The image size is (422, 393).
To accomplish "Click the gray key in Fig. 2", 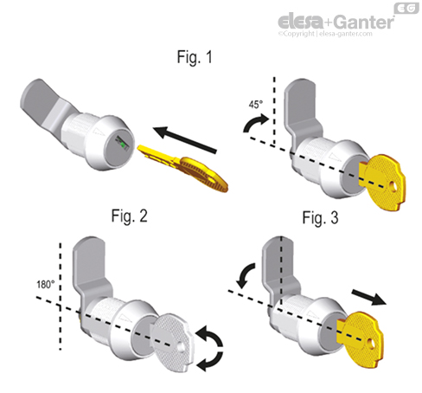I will [164, 334].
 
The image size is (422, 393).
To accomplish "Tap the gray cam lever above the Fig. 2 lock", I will [87, 260].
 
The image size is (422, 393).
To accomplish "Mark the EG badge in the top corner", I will [409, 9].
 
